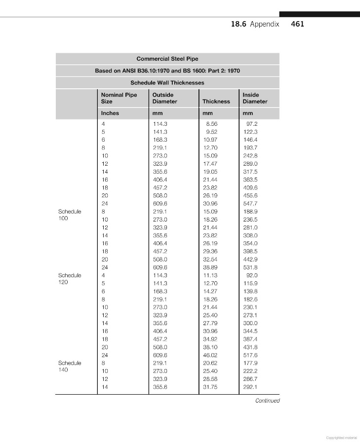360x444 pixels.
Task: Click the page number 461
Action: [298, 24]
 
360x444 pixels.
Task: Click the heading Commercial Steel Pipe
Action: [167, 59]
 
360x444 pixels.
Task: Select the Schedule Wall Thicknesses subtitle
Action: [167, 82]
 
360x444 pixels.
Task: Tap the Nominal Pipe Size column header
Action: [119, 98]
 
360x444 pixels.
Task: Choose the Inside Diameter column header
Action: [255, 98]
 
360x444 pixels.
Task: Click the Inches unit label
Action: [110, 113]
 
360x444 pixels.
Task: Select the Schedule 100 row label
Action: [70, 215]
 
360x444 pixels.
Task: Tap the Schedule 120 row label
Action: [70, 279]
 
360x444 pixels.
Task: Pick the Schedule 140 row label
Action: [70, 367]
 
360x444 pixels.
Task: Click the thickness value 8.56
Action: [211, 124]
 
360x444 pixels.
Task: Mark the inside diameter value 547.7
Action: [251, 203]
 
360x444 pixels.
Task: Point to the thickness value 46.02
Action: [210, 355]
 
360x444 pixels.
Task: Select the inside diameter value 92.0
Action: [252, 275]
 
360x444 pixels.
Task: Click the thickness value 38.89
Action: [210, 267]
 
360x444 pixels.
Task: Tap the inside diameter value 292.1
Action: [251, 387]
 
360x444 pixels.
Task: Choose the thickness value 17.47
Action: [210, 163]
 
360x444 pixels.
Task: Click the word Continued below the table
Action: [267, 401]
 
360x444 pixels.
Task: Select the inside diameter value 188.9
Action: [251, 211]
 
